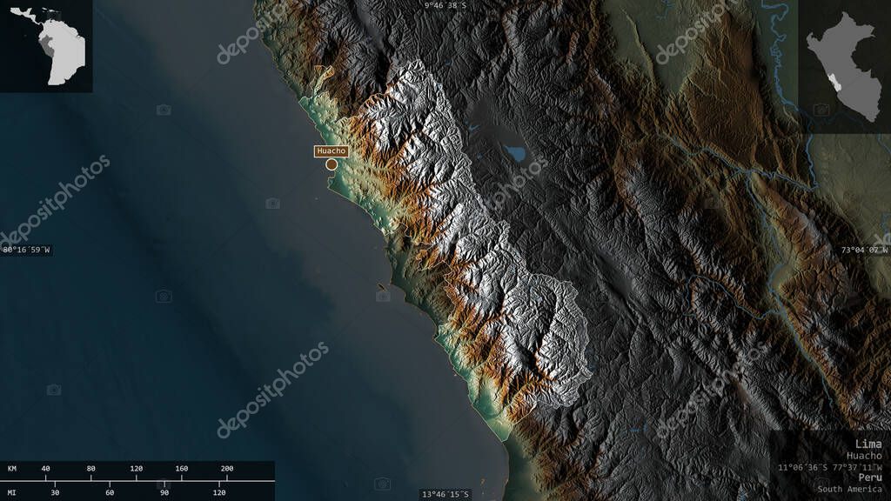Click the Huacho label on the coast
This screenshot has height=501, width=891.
(331, 151)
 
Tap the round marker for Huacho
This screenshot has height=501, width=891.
(332, 164)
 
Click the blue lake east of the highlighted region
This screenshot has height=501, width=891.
(516, 154)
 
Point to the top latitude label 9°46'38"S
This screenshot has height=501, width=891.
(446, 5)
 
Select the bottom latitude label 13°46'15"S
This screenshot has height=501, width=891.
(445, 494)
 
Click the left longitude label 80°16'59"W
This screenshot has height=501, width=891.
(26, 250)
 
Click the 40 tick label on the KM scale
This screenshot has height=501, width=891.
(45, 469)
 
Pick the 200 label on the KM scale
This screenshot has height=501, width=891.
(227, 469)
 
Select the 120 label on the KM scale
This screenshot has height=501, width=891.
(136, 469)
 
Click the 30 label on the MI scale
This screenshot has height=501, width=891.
(56, 492)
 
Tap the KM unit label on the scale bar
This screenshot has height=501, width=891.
(12, 469)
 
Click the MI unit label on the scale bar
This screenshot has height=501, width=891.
(12, 492)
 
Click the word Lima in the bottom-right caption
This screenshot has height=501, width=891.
(868, 444)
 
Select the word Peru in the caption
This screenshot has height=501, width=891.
(868, 478)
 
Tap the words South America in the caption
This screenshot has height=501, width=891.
(849, 489)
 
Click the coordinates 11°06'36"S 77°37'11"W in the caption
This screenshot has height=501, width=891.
(830, 467)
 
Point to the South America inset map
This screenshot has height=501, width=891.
(52, 48)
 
